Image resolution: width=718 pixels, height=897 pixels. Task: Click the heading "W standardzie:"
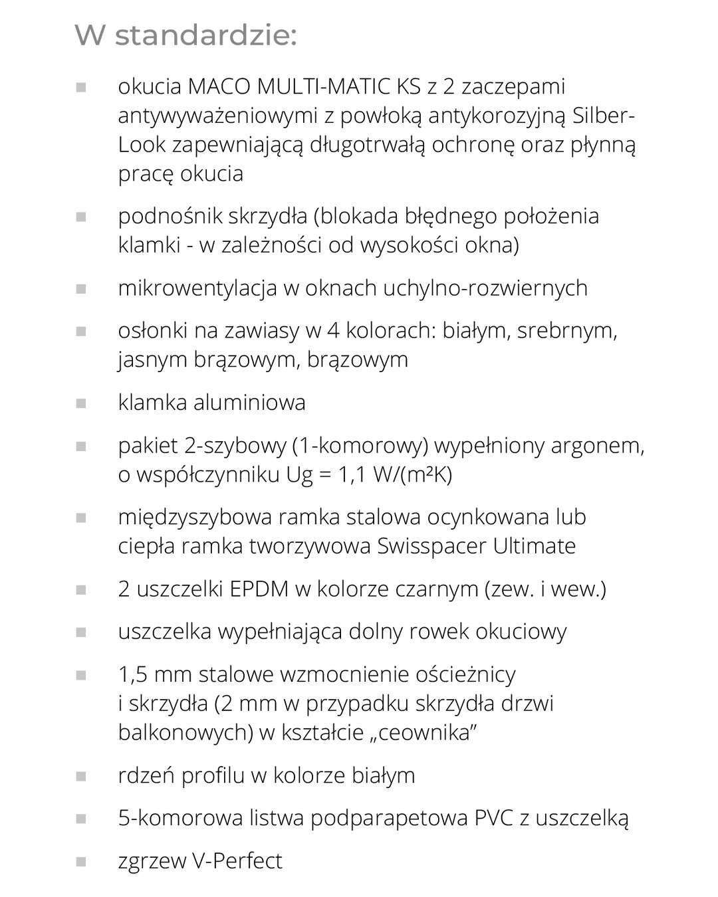point(185,35)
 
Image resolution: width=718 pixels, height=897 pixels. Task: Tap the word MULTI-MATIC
point(324,86)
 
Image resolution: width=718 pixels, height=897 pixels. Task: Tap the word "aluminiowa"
point(250,402)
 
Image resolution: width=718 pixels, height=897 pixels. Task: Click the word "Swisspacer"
point(431,546)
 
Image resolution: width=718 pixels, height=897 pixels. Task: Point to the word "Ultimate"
point(535,546)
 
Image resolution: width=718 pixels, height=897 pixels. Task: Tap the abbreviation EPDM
point(250,589)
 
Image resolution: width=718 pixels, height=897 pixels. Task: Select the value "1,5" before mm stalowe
point(132,674)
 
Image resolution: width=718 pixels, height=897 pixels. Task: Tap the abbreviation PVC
point(494,818)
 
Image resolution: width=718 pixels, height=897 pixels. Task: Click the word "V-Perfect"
point(237,861)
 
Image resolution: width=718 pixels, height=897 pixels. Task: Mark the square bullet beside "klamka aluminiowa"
point(81,403)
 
